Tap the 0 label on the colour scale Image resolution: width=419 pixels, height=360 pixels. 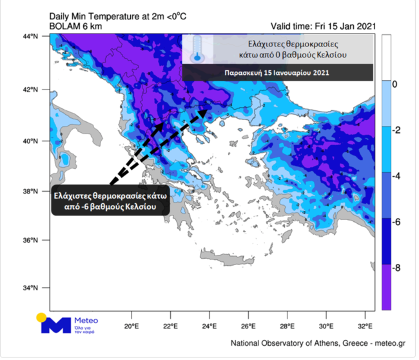tap(395, 85)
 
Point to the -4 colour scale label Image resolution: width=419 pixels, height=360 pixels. tap(398, 176)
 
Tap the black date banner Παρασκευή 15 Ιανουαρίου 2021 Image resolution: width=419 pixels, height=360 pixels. tap(277, 72)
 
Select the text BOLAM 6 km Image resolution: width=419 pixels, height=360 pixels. tap(73, 26)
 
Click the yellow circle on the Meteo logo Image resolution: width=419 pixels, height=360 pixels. tap(42, 317)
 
